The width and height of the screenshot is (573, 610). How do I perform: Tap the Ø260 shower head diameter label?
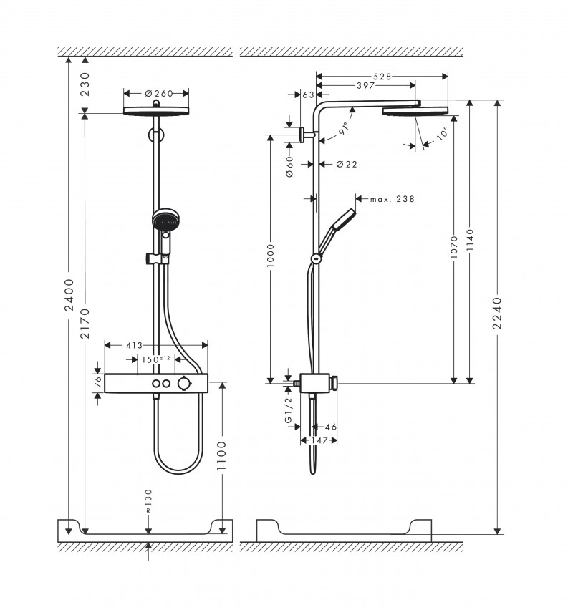coord(156,92)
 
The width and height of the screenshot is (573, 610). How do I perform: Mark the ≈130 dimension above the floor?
coord(148,501)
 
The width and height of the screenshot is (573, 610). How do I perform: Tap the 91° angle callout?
coord(342,129)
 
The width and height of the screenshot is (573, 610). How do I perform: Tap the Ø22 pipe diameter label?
coord(347,164)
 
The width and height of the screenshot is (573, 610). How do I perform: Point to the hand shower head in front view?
coord(164,220)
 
